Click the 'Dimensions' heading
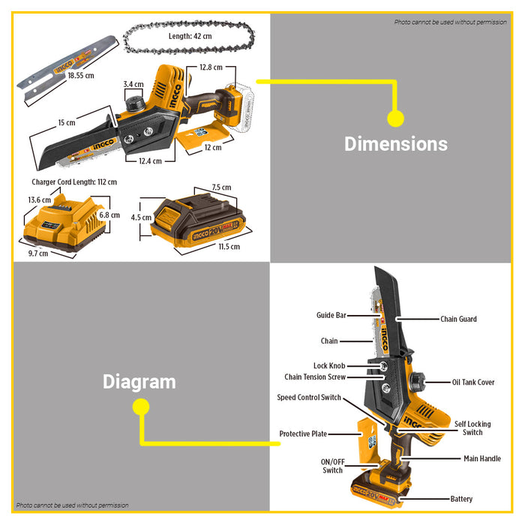(x=396, y=144)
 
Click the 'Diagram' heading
(x=139, y=382)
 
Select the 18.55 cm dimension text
(x=81, y=75)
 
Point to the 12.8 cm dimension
(x=211, y=67)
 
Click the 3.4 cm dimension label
(x=133, y=84)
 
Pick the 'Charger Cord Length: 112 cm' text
(x=74, y=181)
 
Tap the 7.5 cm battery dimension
(x=221, y=187)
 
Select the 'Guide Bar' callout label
(x=331, y=316)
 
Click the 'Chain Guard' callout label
(x=458, y=319)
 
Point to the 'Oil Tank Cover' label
(x=473, y=382)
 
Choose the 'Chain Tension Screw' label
(x=315, y=377)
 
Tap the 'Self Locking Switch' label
(x=472, y=428)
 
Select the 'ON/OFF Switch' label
(x=332, y=466)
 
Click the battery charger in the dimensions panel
(x=61, y=223)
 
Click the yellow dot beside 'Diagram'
(x=139, y=407)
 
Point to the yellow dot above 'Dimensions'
(x=396, y=118)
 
